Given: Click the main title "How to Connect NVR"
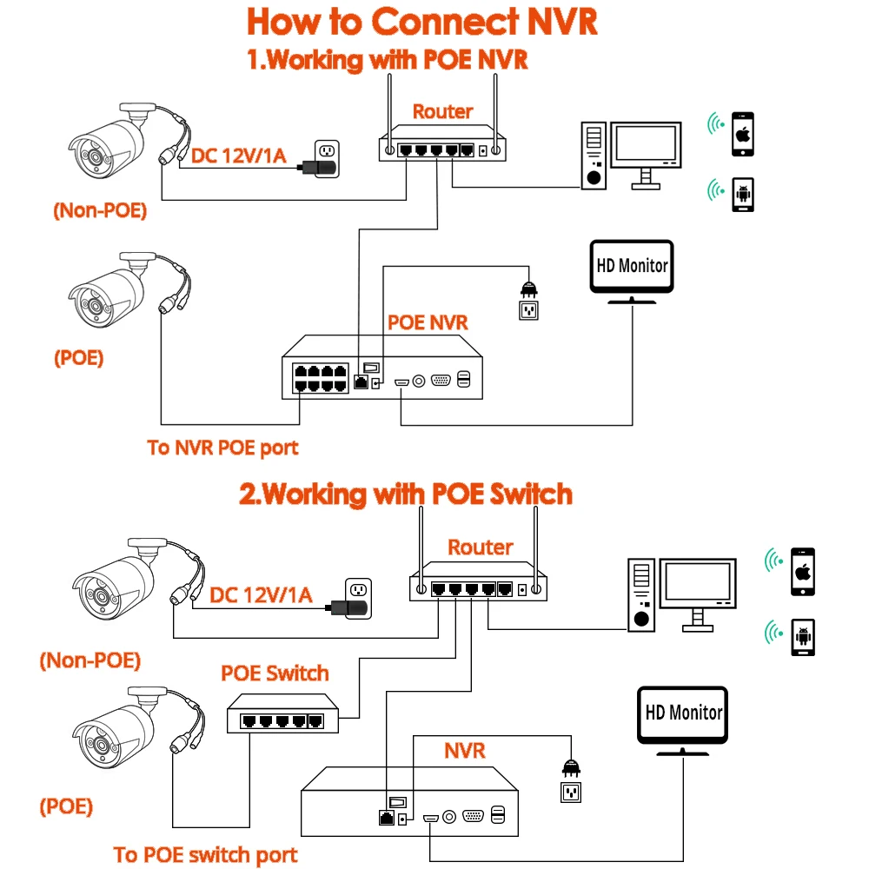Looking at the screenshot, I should click(x=422, y=23).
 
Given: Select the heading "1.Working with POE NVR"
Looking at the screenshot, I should click(x=388, y=60).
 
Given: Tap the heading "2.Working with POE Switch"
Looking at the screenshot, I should click(x=406, y=494).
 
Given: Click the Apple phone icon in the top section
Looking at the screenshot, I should click(x=741, y=135).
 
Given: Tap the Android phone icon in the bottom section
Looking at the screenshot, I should click(x=803, y=638).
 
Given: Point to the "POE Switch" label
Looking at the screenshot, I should click(x=275, y=673).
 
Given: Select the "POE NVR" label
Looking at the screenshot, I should click(x=428, y=322).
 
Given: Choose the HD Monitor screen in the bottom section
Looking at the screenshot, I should click(x=683, y=713).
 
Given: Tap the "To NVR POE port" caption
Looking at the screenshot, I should click(x=222, y=448).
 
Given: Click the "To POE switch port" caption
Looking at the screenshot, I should click(x=205, y=854).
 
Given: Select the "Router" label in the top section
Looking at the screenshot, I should click(x=442, y=111).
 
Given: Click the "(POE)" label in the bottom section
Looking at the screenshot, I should click(x=66, y=806).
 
